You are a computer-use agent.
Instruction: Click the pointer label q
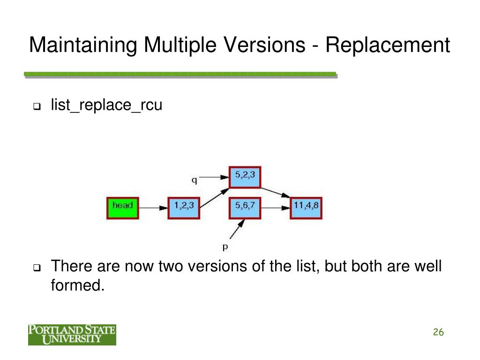[x=194, y=179]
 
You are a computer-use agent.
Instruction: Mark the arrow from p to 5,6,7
[x=237, y=230]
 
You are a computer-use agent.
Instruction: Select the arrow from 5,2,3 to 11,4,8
[x=276, y=193]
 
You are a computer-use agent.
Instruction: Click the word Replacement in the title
[x=388, y=45]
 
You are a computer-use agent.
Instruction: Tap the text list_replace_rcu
[x=106, y=105]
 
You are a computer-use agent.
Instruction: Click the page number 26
[x=438, y=332]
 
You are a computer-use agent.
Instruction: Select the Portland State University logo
[x=72, y=334]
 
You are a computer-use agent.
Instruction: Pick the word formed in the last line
[x=77, y=285]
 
